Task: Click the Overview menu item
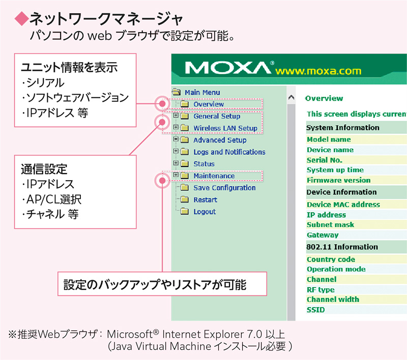click(x=209, y=104)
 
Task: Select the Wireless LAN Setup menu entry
click(x=225, y=128)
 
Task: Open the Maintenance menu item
click(x=214, y=176)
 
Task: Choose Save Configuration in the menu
click(x=224, y=188)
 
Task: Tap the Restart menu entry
click(x=206, y=200)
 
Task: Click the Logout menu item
click(x=205, y=212)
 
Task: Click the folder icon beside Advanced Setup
click(x=185, y=140)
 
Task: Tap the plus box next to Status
click(x=176, y=163)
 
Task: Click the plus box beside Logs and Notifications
click(x=176, y=151)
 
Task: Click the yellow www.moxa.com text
click(x=318, y=71)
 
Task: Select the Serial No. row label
click(x=324, y=160)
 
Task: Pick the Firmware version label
click(x=338, y=180)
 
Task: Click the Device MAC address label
click(x=343, y=204)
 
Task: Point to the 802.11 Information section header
click(x=342, y=247)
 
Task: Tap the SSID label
click(x=315, y=310)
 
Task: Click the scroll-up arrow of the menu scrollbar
click(x=291, y=98)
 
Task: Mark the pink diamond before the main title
click(x=21, y=19)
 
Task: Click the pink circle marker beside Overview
click(x=162, y=104)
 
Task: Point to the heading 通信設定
click(x=44, y=169)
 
